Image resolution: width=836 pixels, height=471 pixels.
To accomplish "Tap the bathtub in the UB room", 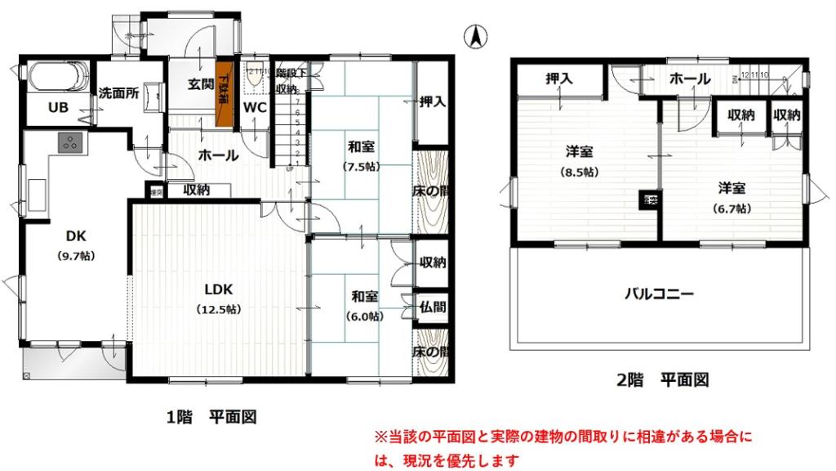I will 57,79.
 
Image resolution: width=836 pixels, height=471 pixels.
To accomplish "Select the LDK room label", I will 219,289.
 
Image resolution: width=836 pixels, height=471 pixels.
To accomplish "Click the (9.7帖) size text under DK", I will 76,256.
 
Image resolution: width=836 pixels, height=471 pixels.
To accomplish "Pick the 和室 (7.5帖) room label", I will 362,147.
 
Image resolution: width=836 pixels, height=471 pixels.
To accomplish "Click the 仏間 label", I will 433,308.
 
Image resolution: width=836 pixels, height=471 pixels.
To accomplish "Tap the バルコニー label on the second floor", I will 659,294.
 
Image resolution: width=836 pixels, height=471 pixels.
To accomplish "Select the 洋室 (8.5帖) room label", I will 579,152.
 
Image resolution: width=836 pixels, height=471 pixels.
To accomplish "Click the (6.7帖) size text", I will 731,208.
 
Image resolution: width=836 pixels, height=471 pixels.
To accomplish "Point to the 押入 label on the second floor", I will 560,78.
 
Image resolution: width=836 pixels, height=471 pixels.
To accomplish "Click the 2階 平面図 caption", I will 661,379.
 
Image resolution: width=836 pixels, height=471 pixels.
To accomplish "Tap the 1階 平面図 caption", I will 211,418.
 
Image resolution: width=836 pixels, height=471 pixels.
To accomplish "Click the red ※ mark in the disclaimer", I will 379,437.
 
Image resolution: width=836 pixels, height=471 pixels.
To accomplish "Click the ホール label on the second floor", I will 689,78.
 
